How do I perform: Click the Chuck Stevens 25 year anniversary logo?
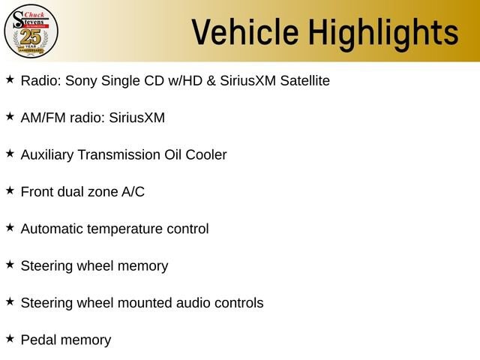click(31, 31)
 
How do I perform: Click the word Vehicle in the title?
click(245, 31)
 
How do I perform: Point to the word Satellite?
click(305, 80)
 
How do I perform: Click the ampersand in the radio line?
click(211, 81)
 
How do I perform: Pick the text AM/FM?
click(43, 118)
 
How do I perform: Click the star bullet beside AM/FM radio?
click(10, 116)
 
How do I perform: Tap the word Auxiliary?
click(47, 155)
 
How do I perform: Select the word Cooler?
click(206, 154)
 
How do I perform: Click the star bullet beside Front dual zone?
click(10, 190)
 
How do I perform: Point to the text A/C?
click(133, 192)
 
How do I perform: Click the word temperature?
click(124, 229)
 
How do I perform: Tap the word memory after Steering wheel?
click(143, 266)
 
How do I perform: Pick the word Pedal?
click(40, 340)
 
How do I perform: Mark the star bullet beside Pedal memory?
click(10, 338)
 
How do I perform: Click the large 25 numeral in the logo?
click(31, 37)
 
